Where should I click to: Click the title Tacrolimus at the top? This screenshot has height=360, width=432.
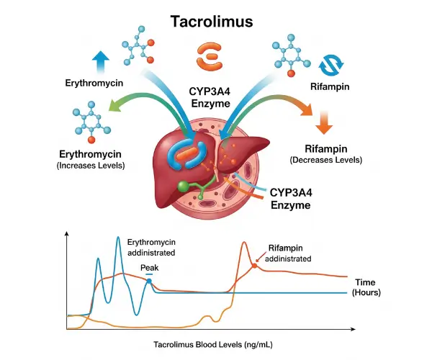[211, 22]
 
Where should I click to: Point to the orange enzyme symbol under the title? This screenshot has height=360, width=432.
[211, 55]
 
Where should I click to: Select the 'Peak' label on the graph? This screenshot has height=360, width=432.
[149, 267]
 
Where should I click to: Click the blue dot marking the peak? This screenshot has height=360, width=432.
[149, 281]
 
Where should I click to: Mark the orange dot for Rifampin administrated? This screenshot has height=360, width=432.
[253, 266]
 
